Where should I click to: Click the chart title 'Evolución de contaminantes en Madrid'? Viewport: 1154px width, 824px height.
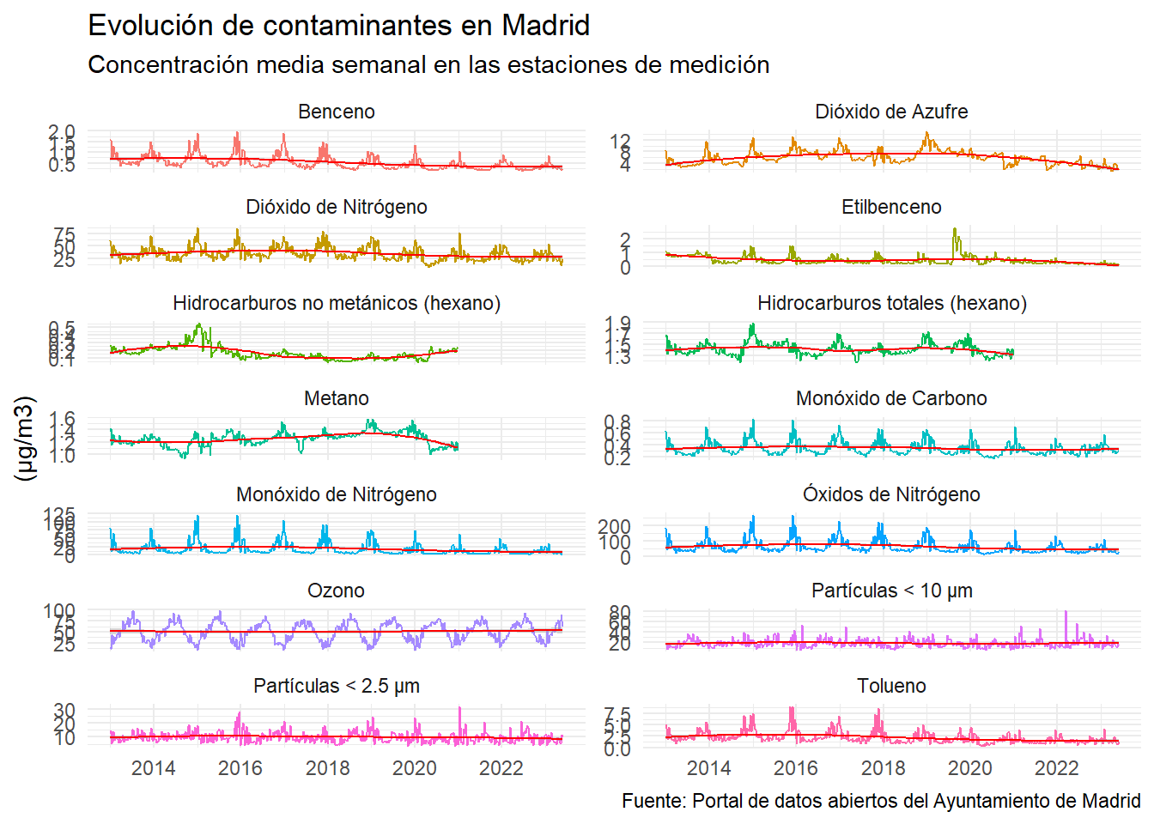pos(338,26)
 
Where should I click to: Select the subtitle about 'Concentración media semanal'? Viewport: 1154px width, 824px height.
pos(428,65)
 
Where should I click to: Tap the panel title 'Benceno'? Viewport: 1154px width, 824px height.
pos(337,112)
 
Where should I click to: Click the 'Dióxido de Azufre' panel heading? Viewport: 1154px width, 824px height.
pos(891,112)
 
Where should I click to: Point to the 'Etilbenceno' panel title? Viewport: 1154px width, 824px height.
pos(891,207)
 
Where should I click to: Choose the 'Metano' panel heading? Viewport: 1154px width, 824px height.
pos(337,398)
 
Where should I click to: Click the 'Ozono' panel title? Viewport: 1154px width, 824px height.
pos(337,591)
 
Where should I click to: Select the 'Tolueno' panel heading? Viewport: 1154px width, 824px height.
pos(891,686)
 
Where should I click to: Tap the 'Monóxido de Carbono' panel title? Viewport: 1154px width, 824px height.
pos(891,398)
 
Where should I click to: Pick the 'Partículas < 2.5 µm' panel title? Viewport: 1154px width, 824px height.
pos(337,686)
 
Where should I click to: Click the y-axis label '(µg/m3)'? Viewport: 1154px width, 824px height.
pos(26,438)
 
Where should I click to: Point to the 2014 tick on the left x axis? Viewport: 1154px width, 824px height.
pos(153,768)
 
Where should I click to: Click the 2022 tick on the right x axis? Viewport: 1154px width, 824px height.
pos(1056,768)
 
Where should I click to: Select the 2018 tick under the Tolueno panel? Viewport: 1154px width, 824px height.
pos(883,768)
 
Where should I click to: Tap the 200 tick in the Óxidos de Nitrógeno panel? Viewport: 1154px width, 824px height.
pos(614,526)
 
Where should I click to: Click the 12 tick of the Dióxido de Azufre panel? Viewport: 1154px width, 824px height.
pos(620,141)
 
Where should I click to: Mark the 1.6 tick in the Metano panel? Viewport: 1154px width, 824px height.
pos(62,419)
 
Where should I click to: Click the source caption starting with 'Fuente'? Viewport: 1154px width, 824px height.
pos(881,801)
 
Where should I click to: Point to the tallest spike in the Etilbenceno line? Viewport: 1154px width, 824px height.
pos(955,229)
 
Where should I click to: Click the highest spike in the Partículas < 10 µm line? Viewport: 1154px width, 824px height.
pos(1066,612)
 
